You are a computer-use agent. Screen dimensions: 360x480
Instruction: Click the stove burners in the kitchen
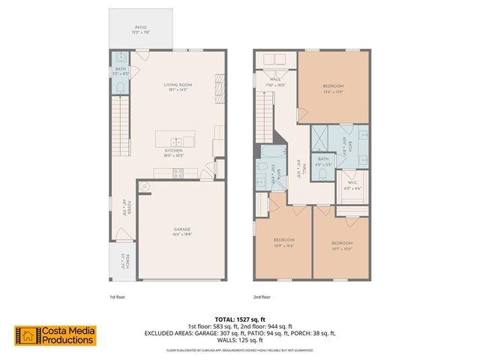pos(178,172)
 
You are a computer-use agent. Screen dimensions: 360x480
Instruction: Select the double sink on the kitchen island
pos(175,141)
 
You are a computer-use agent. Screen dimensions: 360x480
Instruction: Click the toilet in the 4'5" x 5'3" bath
pos(322,174)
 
